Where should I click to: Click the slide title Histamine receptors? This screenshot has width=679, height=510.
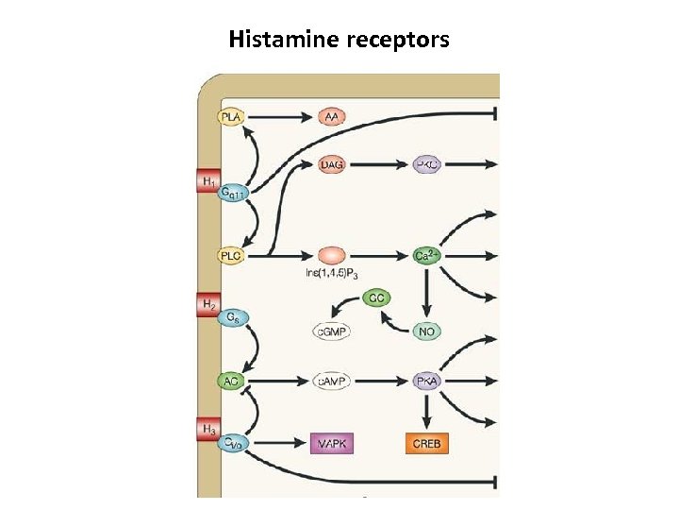tap(339, 40)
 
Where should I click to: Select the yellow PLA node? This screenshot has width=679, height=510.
tap(231, 117)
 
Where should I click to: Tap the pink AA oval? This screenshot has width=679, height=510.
tap(332, 117)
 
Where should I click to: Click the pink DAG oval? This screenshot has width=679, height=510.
tap(332, 164)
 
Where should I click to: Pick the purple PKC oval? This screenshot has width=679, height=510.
tap(427, 164)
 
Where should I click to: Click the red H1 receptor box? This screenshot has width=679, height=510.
tap(207, 179)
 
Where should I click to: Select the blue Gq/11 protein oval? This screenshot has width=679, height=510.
tap(233, 194)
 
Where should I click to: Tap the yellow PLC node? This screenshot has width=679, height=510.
tap(231, 255)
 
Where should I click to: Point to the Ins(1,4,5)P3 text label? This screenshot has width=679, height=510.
tap(332, 275)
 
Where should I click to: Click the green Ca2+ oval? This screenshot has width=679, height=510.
tap(428, 255)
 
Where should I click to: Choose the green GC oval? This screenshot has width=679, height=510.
tap(377, 297)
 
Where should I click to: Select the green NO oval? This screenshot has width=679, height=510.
tap(427, 331)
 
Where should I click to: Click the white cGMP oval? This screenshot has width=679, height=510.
tap(331, 331)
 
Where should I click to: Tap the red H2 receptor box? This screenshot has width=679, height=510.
tap(207, 304)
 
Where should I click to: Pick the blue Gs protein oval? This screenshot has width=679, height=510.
tap(232, 318)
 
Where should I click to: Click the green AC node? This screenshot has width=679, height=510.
tap(231, 381)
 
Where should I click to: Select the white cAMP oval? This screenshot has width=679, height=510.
tap(331, 381)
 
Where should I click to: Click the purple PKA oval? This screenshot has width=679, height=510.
tap(427, 381)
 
